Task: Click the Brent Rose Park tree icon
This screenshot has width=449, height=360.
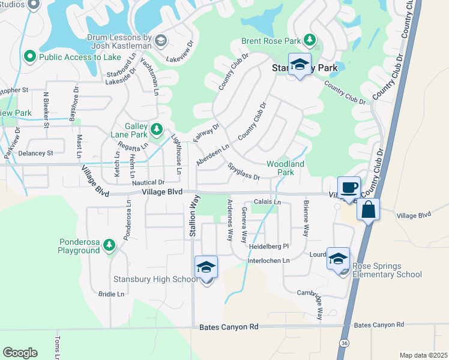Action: (310, 40)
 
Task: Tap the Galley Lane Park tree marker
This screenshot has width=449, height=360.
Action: (157, 128)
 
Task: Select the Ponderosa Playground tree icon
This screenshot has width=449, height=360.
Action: (109, 245)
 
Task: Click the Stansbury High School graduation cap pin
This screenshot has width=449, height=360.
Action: (206, 268)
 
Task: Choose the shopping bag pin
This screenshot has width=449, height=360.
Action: (369, 210)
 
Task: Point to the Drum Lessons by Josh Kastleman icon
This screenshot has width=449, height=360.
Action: (160, 40)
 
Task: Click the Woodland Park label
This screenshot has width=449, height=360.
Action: (286, 168)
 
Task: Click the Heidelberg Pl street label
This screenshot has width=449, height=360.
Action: (269, 247)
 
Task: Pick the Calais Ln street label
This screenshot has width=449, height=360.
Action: (267, 203)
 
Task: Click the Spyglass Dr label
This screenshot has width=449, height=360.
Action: (244, 173)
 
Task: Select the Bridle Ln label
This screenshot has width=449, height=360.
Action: (111, 294)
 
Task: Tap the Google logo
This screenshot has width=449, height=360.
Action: (20, 352)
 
